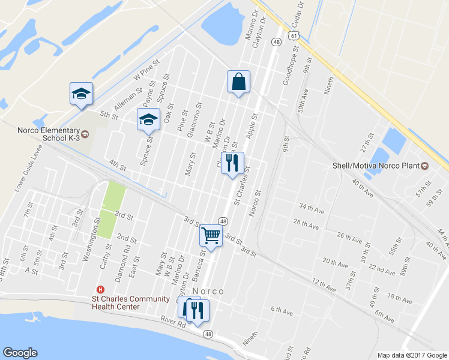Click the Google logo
click(20, 353)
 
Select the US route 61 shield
click(293, 35)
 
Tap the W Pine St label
click(147, 70)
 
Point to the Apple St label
click(251, 125)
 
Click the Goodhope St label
click(288, 69)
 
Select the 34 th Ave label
click(312, 206)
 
